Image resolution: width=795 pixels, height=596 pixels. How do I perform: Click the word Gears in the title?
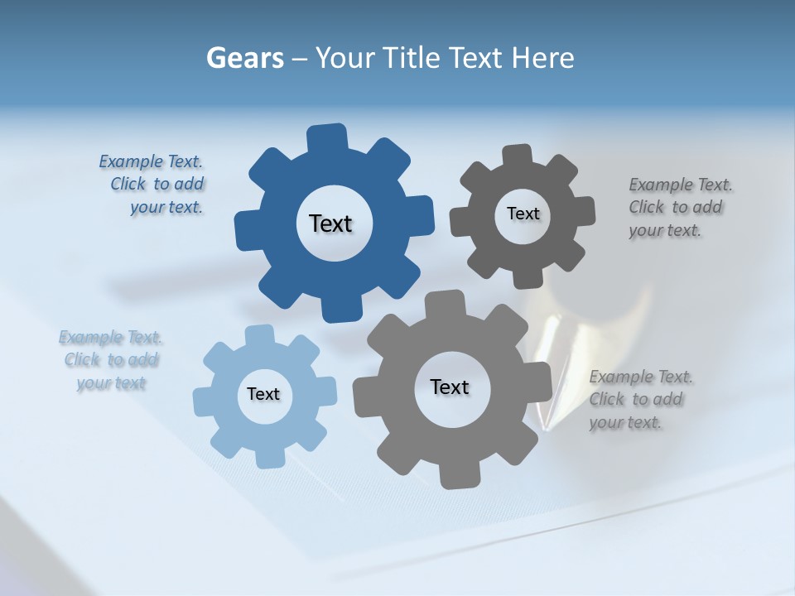click(x=244, y=58)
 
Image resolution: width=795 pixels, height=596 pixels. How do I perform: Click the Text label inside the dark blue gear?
click(x=330, y=223)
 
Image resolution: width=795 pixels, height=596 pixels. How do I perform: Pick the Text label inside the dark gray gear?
click(x=523, y=214)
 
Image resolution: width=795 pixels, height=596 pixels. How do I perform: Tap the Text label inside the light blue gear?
click(x=263, y=394)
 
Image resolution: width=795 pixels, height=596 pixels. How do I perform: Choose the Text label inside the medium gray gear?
click(x=450, y=387)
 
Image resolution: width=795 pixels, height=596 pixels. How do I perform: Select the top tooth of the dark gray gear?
click(x=518, y=156)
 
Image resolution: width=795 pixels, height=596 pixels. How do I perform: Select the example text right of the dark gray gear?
click(x=677, y=207)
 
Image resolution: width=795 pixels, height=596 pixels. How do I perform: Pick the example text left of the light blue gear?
click(x=111, y=360)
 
